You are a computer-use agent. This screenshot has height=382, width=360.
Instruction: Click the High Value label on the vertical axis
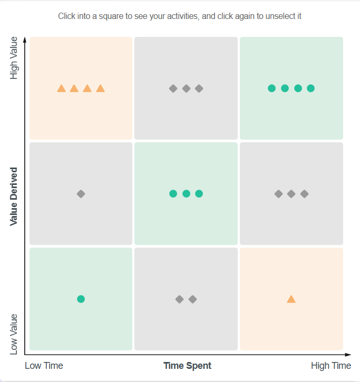click(x=14, y=58)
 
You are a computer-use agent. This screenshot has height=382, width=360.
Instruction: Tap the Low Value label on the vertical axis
click(x=14, y=334)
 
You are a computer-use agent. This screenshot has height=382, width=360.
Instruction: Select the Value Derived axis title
click(x=14, y=197)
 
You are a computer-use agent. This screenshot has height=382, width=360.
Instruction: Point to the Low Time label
click(x=44, y=366)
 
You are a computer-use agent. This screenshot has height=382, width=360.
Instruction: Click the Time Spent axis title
click(x=187, y=366)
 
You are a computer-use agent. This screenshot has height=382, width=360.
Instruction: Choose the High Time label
click(x=330, y=366)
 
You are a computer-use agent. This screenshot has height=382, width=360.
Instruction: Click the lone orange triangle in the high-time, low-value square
click(x=291, y=299)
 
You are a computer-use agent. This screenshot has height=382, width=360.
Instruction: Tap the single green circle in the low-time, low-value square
click(x=81, y=299)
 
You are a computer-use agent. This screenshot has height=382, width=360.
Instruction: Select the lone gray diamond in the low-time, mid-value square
click(x=81, y=194)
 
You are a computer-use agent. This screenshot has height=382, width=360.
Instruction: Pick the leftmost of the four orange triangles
click(x=61, y=89)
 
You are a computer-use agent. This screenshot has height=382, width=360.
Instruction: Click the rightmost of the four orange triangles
click(x=100, y=89)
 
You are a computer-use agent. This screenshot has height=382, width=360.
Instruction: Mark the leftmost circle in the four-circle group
click(x=271, y=88)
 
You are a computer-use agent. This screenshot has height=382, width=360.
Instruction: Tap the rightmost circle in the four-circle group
click(x=310, y=88)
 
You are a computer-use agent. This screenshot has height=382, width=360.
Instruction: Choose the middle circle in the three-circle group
click(x=186, y=193)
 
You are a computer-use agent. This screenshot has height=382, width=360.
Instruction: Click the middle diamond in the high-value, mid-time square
click(x=186, y=89)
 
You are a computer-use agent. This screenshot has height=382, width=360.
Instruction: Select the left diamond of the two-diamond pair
click(x=179, y=299)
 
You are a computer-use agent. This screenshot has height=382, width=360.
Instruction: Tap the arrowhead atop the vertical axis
click(x=25, y=38)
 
